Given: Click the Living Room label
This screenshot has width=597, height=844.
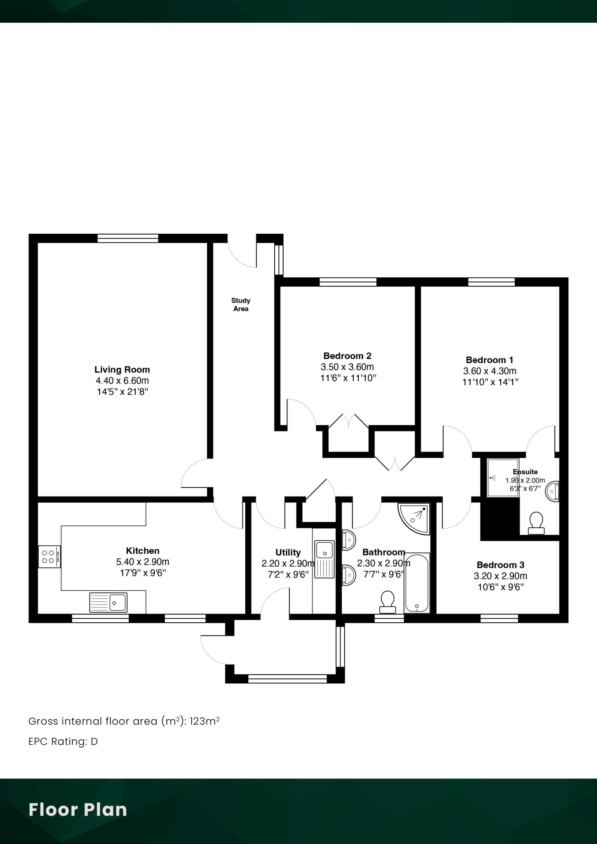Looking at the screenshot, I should pos(122,370).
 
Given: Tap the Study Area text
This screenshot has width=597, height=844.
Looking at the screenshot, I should pos(241,305).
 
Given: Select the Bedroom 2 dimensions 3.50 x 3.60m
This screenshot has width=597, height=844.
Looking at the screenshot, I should pos(347,367).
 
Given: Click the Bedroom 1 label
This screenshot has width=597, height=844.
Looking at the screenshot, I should pos(490,360).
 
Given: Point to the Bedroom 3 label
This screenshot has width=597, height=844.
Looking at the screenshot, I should pos(501,565).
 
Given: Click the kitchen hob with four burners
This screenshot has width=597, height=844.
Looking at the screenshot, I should pos(49,556).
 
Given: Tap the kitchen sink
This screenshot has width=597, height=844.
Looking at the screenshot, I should pos(108,603).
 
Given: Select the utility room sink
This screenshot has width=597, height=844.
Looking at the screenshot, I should pos(324,559).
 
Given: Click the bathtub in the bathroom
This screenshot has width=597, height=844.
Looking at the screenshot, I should pos(417,583).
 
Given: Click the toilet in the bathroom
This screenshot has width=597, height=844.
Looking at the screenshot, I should pos(387,602).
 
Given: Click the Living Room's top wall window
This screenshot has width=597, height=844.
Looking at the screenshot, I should pos(128,238).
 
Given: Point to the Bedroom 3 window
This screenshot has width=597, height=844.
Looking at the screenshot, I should pos(499,618).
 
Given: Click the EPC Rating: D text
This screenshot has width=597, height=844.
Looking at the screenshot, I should pos(63,741).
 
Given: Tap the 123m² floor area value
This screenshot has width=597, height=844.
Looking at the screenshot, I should pos(204,721).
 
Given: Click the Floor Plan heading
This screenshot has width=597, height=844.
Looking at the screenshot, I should pos(78,809).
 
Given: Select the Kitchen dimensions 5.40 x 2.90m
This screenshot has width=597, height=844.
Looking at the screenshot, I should pos(143,562).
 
